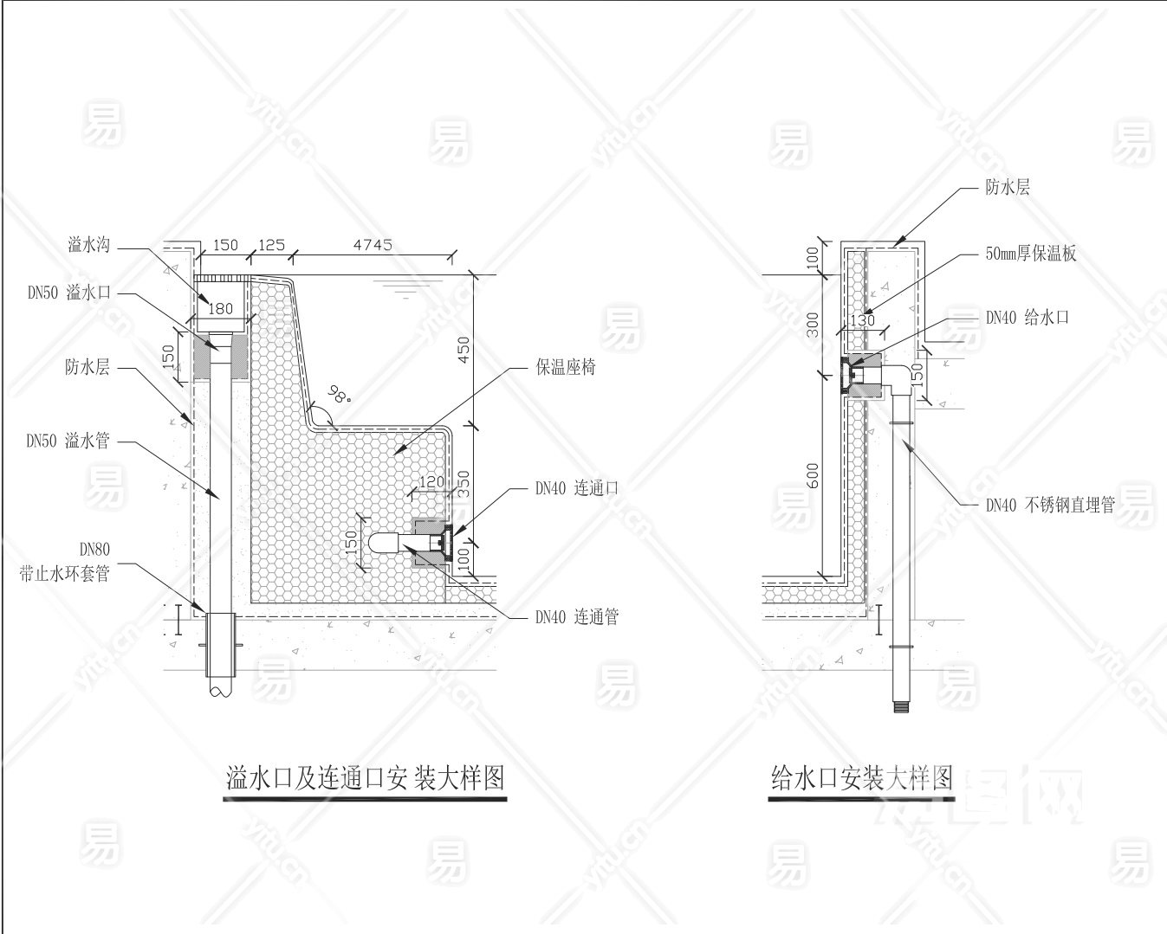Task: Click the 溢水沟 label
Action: click(x=89, y=245)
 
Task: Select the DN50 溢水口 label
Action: click(x=69, y=293)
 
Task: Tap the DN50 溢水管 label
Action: click(x=68, y=441)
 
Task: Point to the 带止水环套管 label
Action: click(x=64, y=573)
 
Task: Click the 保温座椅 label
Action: click(x=566, y=367)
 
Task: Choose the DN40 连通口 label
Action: click(x=577, y=488)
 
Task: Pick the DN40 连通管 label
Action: click(x=577, y=616)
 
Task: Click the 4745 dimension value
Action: click(x=373, y=245)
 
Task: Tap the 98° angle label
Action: click(x=340, y=395)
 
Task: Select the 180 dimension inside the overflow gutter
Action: click(x=220, y=309)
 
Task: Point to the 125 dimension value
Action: click(x=271, y=245)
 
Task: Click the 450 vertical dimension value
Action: click(x=464, y=350)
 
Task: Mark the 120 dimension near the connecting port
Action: click(x=431, y=481)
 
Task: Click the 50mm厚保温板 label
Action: click(x=1031, y=254)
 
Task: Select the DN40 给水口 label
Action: click(x=1028, y=318)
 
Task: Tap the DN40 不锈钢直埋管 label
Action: click(x=1050, y=505)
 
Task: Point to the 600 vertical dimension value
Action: click(x=813, y=475)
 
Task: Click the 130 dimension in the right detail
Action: click(x=863, y=321)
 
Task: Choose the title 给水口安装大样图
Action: click(x=862, y=778)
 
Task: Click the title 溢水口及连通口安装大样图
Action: click(x=366, y=778)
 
